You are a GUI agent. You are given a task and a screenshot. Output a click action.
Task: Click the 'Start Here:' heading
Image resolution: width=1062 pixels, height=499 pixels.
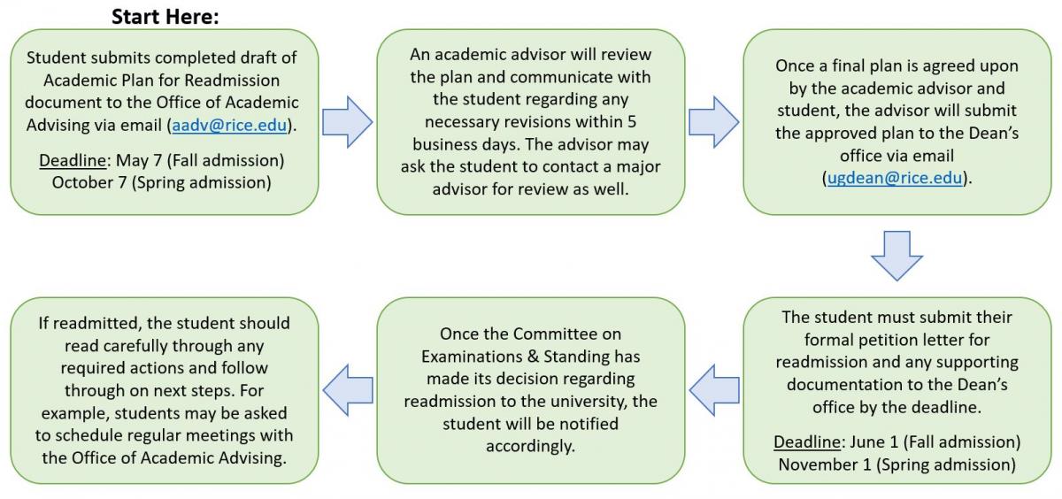tap(165, 17)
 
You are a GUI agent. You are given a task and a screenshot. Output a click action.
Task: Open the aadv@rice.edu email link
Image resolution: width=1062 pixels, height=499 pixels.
tap(229, 125)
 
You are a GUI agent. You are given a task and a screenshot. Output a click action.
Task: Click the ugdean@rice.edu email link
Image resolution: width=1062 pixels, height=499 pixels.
tap(895, 178)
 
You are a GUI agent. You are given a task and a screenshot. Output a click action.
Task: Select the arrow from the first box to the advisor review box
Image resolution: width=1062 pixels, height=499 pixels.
tap(348, 122)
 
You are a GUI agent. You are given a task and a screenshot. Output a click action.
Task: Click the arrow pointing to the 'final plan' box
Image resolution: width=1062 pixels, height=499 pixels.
tap(713, 122)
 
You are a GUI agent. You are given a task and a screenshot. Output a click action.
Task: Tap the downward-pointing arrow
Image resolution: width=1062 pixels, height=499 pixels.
tap(897, 256)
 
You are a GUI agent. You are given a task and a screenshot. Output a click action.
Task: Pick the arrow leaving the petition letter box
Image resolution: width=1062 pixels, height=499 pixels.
tap(714, 390)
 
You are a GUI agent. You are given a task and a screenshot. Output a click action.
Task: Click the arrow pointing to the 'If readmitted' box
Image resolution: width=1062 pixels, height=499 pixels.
tap(348, 390)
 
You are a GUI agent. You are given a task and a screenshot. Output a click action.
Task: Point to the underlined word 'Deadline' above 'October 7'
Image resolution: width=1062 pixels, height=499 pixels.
tap(73, 160)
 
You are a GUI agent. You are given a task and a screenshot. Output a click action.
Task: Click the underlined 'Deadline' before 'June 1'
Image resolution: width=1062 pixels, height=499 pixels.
tap(807, 441)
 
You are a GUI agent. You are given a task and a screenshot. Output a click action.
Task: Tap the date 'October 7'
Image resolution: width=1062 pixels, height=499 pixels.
tap(89, 182)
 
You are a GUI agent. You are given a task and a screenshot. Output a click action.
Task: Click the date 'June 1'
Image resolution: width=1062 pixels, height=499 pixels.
tap(873, 441)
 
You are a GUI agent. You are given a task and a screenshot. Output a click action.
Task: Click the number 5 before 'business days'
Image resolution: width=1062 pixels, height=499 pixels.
tap(632, 122)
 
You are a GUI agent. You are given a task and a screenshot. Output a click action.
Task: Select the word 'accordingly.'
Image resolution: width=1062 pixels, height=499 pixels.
tap(530, 447)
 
